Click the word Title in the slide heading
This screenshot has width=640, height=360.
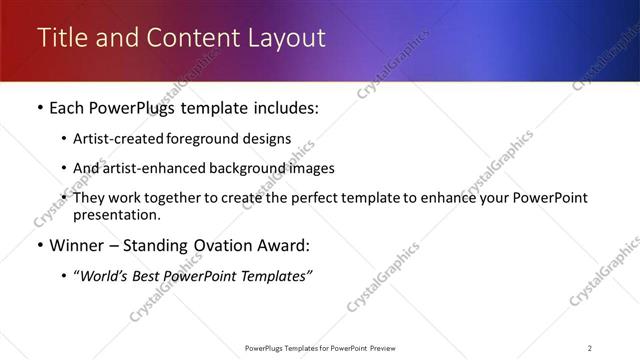pos(60,38)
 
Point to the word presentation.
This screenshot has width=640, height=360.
pos(116,214)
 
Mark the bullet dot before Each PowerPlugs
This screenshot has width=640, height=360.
pos(39,108)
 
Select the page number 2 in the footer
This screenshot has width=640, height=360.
pos(590,348)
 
